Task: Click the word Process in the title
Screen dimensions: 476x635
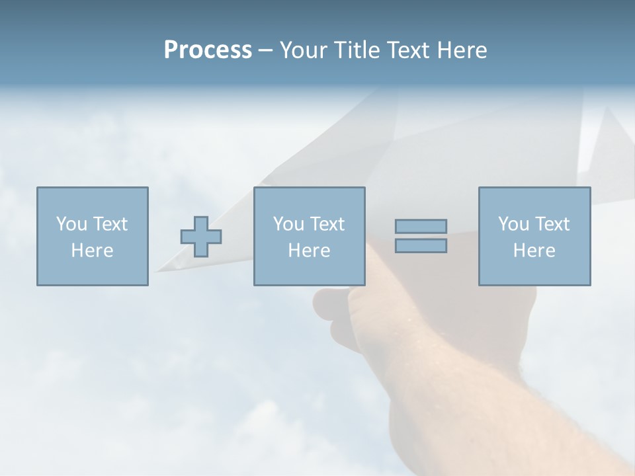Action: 208,50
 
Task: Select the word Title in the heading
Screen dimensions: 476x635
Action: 357,50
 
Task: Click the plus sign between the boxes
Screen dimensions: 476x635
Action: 201,237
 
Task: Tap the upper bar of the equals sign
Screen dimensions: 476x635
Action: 421,227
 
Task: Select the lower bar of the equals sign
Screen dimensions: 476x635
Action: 421,246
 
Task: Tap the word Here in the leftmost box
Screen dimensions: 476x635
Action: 93,251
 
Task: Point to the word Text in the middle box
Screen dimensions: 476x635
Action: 327,224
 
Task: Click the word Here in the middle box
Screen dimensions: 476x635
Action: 310,251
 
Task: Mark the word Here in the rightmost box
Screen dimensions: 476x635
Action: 534,251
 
